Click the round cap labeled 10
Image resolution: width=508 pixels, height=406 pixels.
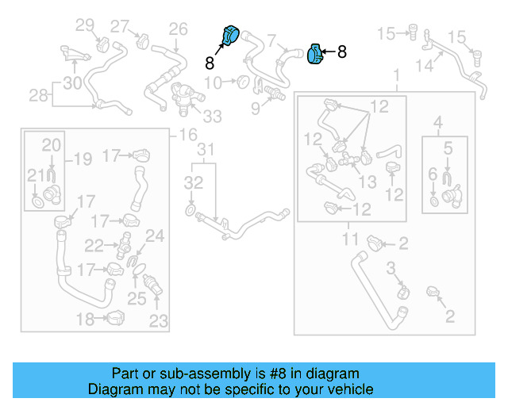point(240,82)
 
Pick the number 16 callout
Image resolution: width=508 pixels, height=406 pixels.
point(188,135)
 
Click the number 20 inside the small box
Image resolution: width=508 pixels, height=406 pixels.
point(51,145)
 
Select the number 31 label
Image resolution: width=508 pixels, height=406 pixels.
point(206,150)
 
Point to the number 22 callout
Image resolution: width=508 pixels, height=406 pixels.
point(94,246)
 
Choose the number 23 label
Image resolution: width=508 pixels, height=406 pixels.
point(159,320)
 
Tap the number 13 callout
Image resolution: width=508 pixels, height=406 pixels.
point(367,182)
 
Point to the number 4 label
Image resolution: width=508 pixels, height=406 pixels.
point(437,121)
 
